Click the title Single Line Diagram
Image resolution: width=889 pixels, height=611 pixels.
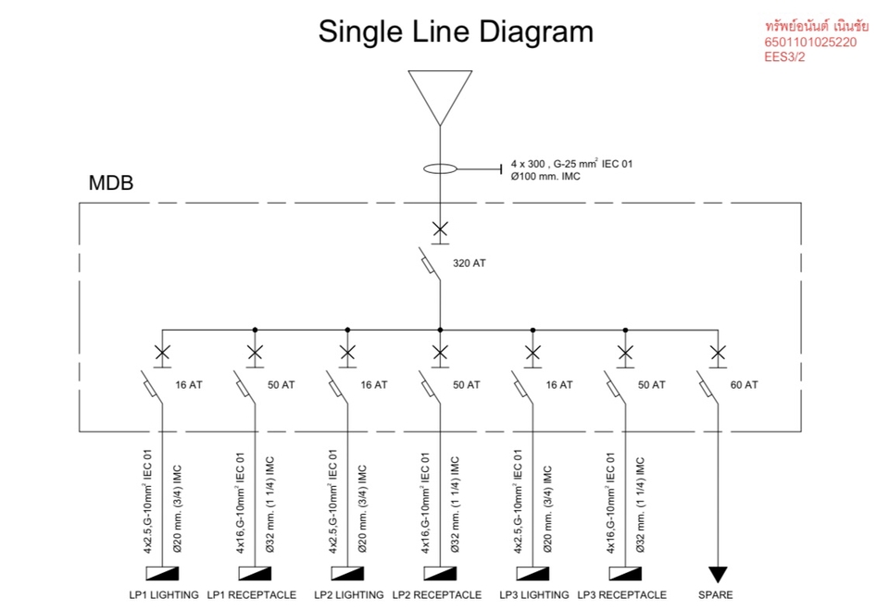pyautogui.click(x=456, y=31)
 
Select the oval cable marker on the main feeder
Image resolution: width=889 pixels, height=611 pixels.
pyautogui.click(x=440, y=169)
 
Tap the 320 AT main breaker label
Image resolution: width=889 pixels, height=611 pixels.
pyautogui.click(x=469, y=263)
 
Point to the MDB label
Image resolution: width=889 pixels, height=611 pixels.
pyautogui.click(x=111, y=182)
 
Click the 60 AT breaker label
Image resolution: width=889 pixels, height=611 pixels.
pyautogui.click(x=744, y=384)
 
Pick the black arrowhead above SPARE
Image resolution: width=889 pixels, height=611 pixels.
pyautogui.click(x=718, y=575)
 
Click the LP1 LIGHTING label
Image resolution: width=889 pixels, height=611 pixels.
pyautogui.click(x=164, y=594)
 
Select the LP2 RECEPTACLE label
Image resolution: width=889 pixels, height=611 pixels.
pyautogui.click(x=437, y=594)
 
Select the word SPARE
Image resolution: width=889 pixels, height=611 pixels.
pyautogui.click(x=716, y=594)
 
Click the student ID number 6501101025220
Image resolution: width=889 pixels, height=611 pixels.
pyautogui.click(x=811, y=43)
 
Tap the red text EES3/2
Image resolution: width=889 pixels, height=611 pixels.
pyautogui.click(x=783, y=57)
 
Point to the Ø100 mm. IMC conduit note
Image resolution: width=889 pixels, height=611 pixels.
pyautogui.click(x=545, y=176)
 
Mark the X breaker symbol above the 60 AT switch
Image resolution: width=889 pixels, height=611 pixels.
pyautogui.click(x=718, y=352)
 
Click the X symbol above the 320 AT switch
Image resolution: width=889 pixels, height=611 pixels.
pyautogui.click(x=440, y=229)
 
